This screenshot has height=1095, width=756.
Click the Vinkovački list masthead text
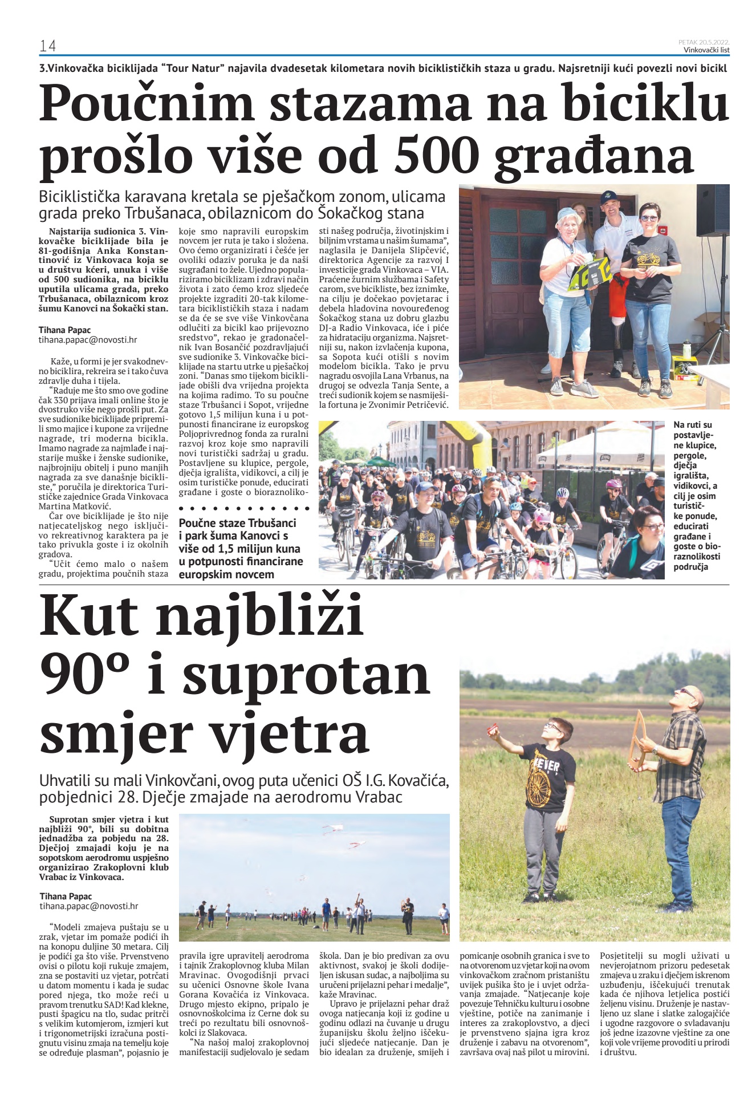pyautogui.click(x=706, y=50)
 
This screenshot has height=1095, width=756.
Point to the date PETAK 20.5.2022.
pyautogui.click(x=704, y=42)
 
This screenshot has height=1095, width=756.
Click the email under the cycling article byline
pyautogui.click(x=88, y=340)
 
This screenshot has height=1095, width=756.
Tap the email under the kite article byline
pyautogui.click(x=89, y=906)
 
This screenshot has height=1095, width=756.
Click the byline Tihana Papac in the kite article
pyautogui.click(x=66, y=896)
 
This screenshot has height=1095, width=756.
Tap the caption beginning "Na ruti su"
pyautogui.click(x=696, y=496)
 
